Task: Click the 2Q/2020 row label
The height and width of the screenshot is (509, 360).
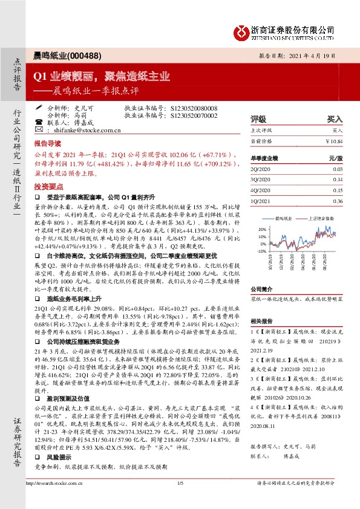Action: [x=261, y=170]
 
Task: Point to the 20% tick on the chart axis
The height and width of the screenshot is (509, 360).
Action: [x=261, y=229]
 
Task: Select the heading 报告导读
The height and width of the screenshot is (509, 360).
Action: [x=47, y=145]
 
